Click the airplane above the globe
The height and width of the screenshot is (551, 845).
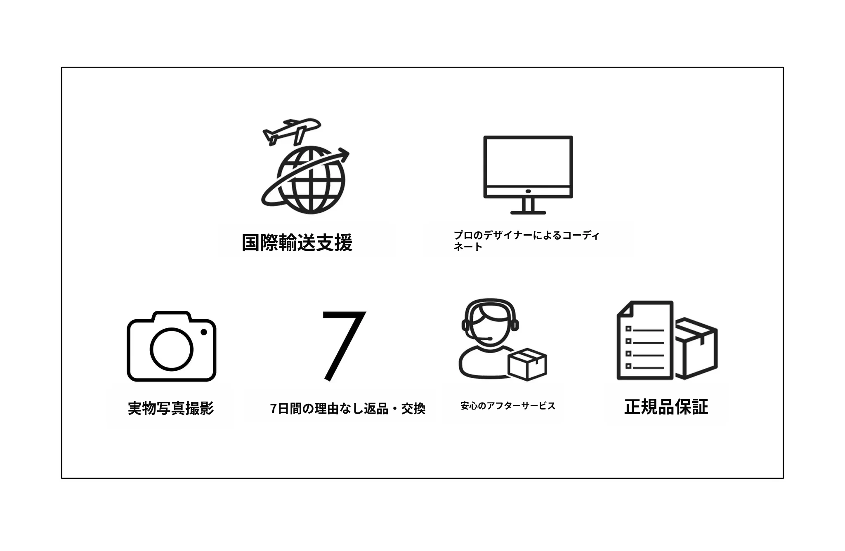coord(291,131)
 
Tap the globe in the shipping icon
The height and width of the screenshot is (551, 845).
coord(311,181)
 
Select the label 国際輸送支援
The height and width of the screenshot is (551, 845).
coord(297,243)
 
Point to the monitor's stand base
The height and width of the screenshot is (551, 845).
coord(528,212)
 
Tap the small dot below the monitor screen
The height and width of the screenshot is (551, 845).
coord(528,191)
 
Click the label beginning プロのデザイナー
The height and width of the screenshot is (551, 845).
coord(526,241)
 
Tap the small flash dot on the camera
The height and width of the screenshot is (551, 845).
coord(204,332)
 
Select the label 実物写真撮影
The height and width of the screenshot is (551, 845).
coord(171,408)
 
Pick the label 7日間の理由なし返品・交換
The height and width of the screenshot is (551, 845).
coord(348,409)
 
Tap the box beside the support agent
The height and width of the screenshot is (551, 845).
coord(527,364)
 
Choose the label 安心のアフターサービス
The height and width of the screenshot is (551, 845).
coord(508,406)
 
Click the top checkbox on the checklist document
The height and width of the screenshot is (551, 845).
coord(628,329)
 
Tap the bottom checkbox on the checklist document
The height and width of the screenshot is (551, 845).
coord(628,366)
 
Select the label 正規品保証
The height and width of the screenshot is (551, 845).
coord(666,407)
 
